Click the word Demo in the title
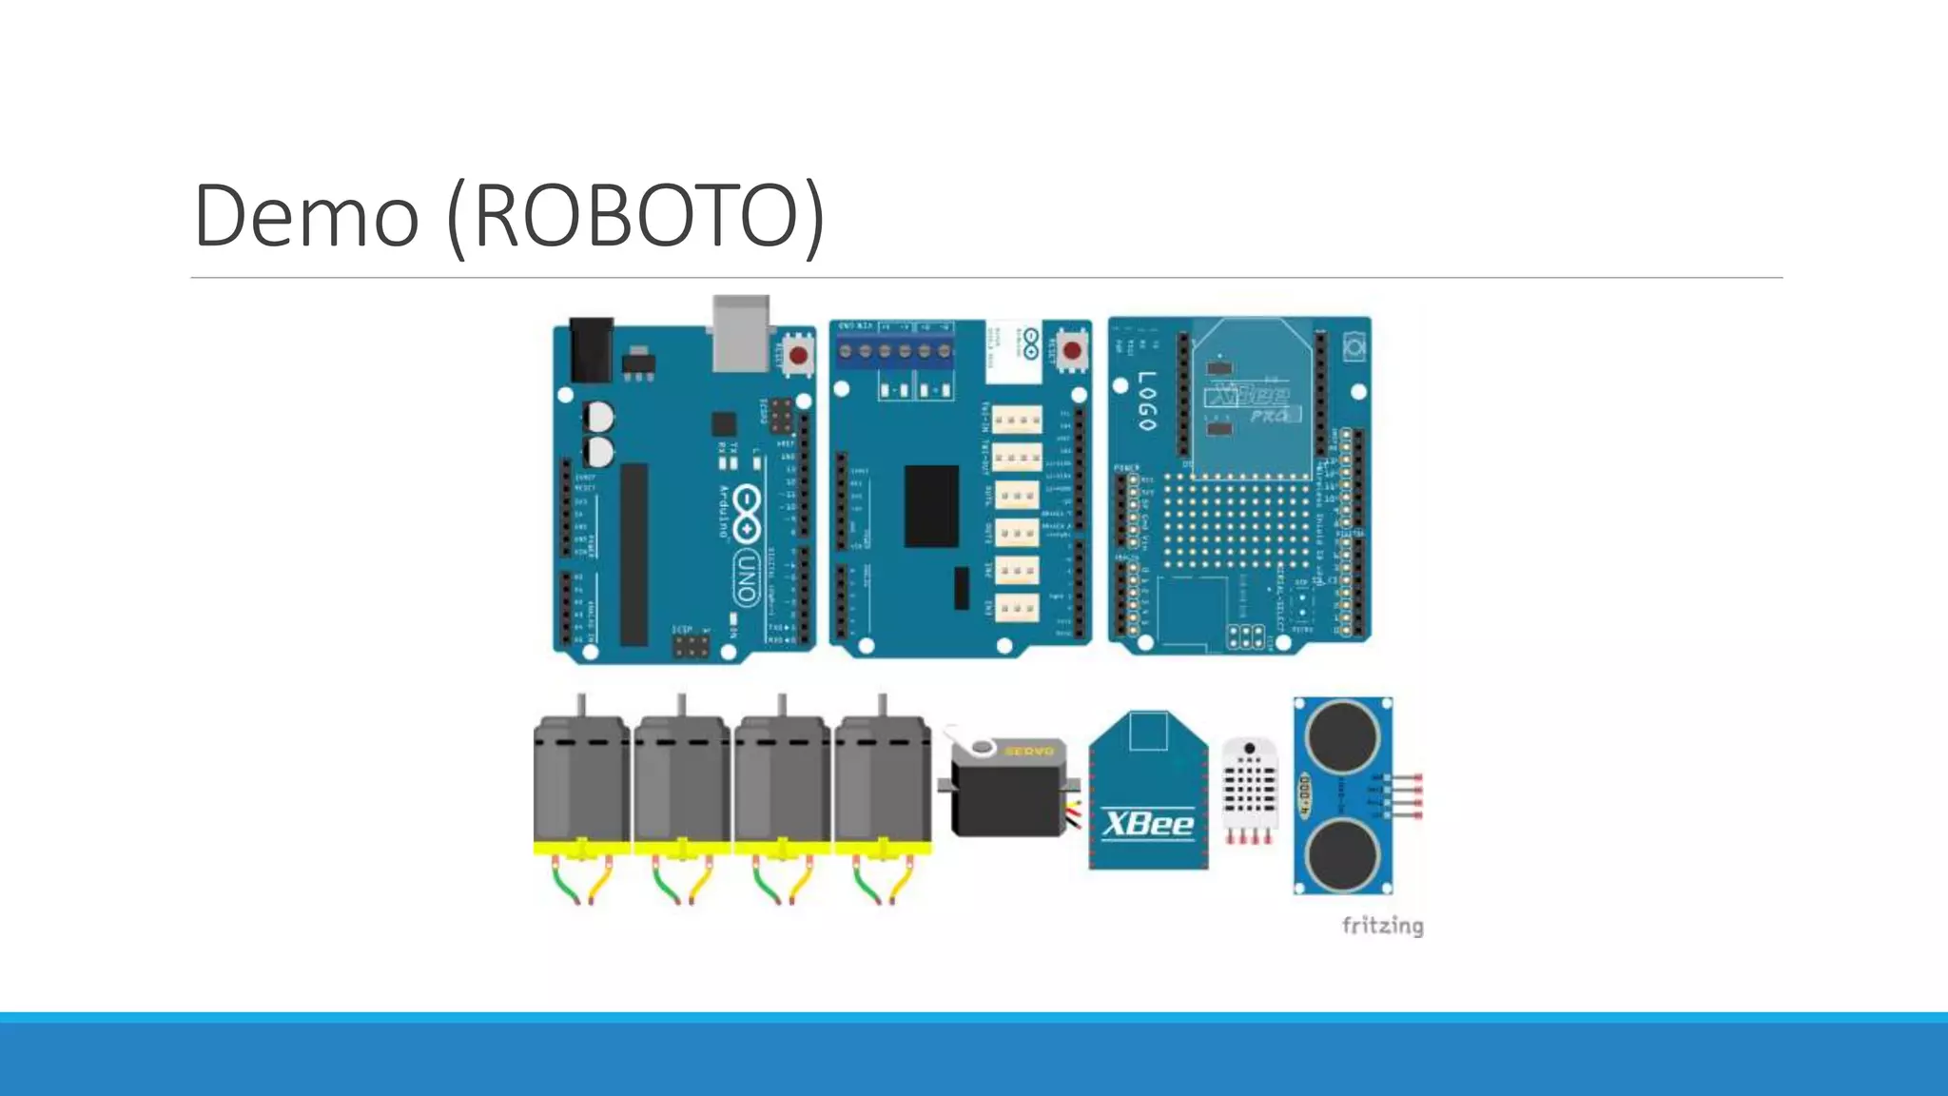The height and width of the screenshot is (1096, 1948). [x=306, y=216]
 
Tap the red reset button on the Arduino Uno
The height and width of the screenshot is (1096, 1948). [x=798, y=357]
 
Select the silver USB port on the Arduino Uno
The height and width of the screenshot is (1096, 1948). [x=741, y=334]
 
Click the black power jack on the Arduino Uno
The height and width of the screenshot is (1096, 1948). [x=591, y=350]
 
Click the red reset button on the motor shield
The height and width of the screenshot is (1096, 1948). [x=1072, y=351]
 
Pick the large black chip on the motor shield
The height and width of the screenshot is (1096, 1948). [x=931, y=506]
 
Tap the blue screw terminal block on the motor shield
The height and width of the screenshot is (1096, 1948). [x=894, y=350]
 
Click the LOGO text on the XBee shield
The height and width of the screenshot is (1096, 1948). [x=1147, y=401]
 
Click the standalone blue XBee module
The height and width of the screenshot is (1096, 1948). [x=1148, y=793]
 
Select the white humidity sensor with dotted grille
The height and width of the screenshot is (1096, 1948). [x=1249, y=784]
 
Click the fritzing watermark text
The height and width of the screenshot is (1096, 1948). [x=1382, y=926]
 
